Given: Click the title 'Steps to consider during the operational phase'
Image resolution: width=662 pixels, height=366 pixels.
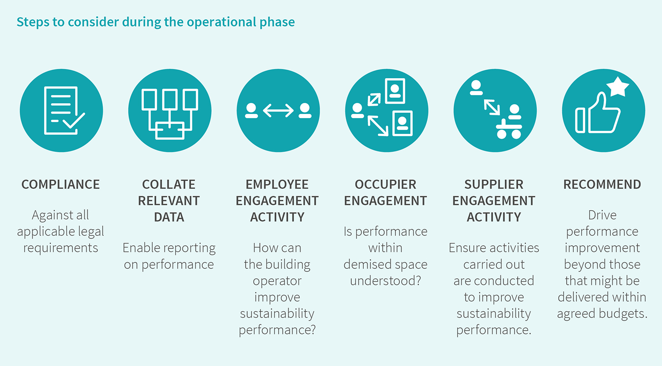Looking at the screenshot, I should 155,22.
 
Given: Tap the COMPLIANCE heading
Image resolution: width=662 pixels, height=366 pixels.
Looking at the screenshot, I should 60,184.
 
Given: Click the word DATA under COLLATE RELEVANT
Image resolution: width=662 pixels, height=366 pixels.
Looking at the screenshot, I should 169,217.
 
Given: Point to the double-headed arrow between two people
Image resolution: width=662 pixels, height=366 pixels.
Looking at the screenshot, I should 278,111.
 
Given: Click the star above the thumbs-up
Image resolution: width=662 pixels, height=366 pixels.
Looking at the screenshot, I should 617,87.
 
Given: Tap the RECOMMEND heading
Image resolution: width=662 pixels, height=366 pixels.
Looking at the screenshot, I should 602,184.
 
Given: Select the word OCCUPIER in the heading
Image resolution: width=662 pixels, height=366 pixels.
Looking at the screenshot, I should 385,184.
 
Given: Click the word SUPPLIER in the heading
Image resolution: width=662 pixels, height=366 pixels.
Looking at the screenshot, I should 493,184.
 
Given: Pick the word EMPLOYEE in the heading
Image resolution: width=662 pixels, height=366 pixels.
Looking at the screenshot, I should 277,184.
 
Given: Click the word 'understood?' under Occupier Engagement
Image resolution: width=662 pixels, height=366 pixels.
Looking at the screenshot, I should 385,281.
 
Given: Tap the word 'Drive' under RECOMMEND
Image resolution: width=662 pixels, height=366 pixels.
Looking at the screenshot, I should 602,215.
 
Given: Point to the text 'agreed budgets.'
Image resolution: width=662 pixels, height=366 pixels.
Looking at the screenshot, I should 602,313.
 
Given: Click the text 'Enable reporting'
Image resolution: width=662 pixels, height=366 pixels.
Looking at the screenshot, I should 169,248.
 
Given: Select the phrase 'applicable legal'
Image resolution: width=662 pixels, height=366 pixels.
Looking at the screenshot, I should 60,232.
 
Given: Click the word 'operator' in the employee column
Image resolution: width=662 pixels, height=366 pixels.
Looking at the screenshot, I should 277,281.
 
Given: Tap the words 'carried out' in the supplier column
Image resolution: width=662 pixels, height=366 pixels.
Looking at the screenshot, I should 493,264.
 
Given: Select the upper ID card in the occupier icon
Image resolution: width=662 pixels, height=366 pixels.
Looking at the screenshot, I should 395,91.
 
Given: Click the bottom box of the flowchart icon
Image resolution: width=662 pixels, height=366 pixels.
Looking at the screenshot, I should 170,130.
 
